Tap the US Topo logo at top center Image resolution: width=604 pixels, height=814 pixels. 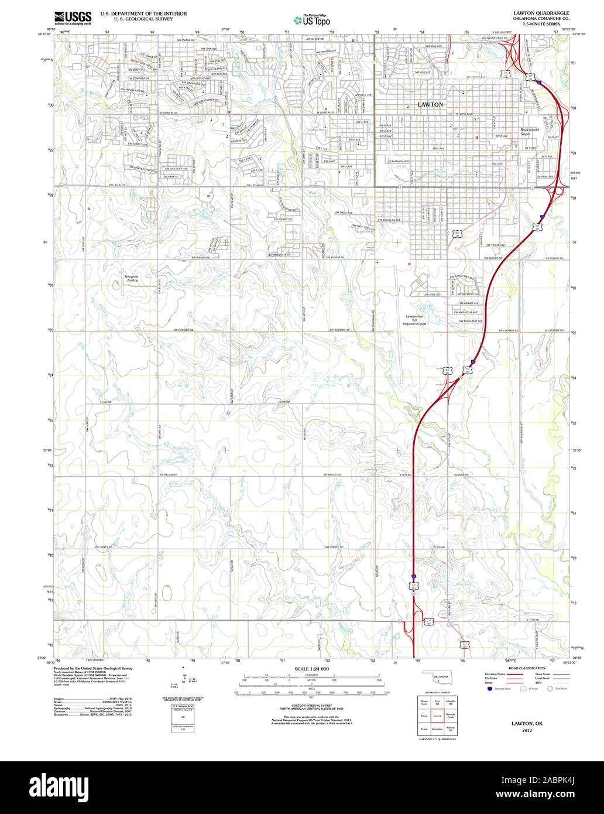(x=313, y=19)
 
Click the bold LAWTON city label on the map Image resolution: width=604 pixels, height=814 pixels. (x=431, y=104)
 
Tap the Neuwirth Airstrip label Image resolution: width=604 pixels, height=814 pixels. (x=131, y=278)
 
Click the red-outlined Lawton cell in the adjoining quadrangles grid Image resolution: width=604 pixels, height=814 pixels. (x=437, y=716)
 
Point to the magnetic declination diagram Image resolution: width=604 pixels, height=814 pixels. (x=185, y=680)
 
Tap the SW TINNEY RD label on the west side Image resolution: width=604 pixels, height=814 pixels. (x=107, y=547)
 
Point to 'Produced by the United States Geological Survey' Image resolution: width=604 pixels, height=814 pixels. (x=93, y=668)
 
